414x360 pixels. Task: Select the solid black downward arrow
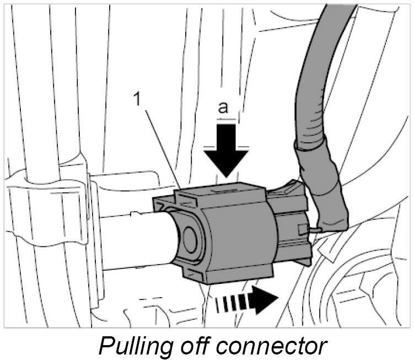point(225,147)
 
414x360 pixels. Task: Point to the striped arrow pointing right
point(245,302)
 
